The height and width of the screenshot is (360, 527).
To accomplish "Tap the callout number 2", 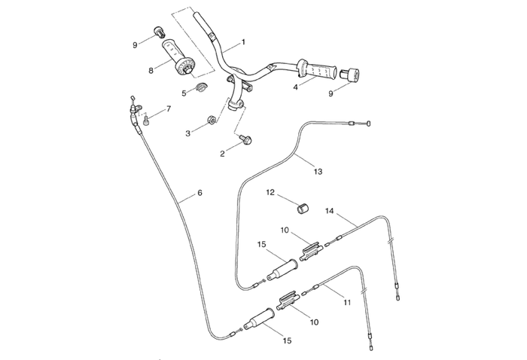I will pos(222,154).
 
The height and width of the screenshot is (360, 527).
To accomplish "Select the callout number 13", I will pos(318,172).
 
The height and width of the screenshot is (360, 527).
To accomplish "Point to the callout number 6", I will pos(200,193).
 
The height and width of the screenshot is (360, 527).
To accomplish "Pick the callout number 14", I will pos(330,211).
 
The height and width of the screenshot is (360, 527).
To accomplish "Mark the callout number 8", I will pos(151,71).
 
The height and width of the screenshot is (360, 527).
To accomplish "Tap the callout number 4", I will pos(296,87).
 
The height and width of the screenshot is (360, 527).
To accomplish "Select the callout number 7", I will pos(168,109).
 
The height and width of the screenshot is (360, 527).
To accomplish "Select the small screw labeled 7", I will pos(147,118).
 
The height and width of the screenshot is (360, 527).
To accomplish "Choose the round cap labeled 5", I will pos(200,90).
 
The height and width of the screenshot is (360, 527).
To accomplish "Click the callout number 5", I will pos(184,93).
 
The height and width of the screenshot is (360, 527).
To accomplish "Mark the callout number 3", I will pos(188,133).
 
